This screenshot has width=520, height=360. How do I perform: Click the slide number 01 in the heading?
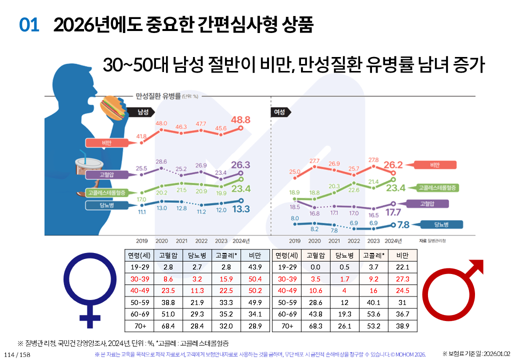[x=29, y=25]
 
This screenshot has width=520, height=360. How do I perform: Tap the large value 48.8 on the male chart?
[x=240, y=120]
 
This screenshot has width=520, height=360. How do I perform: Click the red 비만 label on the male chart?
[x=108, y=143]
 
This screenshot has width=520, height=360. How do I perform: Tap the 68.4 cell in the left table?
[x=168, y=326]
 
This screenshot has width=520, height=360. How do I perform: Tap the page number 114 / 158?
[x=16, y=354]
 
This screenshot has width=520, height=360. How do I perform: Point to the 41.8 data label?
[x=141, y=136]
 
